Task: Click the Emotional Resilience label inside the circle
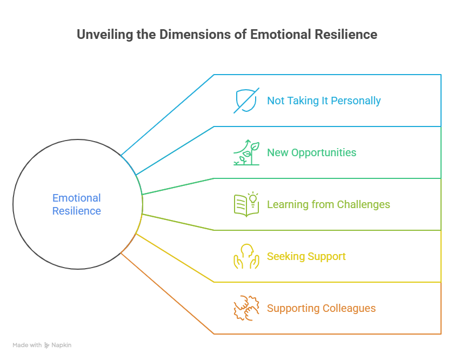pyautogui.click(x=77, y=204)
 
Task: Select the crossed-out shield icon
pyautogui.click(x=246, y=101)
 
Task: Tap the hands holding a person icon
pyautogui.click(x=246, y=256)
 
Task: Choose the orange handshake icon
pyautogui.click(x=246, y=308)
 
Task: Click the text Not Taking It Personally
pyautogui.click(x=324, y=101)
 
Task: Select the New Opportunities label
pyautogui.click(x=311, y=152)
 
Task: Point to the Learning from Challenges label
pyautogui.click(x=328, y=204)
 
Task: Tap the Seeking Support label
pyautogui.click(x=306, y=256)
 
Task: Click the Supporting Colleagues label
pyautogui.click(x=321, y=309)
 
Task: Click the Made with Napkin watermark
pyautogui.click(x=42, y=345)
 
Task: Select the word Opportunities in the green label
pyautogui.click(x=323, y=152)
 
